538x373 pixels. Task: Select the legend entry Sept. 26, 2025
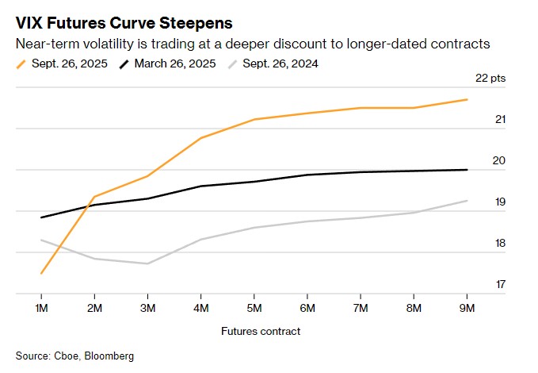[69, 63]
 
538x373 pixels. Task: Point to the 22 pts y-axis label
[490, 79]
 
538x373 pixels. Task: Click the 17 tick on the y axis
[500, 283]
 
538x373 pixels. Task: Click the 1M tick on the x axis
[41, 307]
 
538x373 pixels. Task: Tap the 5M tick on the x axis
[254, 307]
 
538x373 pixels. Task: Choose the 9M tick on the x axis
[467, 307]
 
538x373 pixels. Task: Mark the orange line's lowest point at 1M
[41, 273]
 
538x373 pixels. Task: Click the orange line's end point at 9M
[467, 99]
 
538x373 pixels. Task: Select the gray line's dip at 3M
[148, 263]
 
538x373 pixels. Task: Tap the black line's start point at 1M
[41, 217]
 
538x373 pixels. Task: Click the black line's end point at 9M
[467, 169]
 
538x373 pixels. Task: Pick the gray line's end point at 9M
[467, 201]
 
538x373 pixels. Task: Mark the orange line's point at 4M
[201, 138]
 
